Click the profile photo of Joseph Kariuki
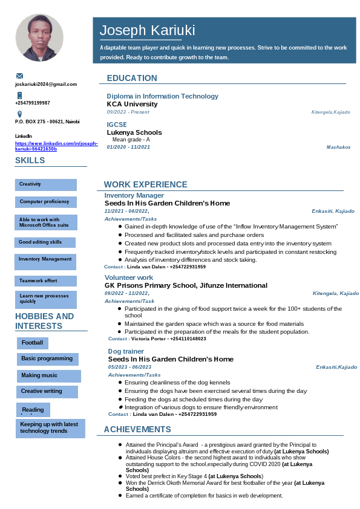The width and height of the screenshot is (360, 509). pyautogui.click(x=39, y=37)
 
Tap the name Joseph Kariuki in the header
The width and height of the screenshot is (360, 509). pyautogui.click(x=147, y=31)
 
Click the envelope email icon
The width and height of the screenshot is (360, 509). pyautogui.click(x=19, y=76)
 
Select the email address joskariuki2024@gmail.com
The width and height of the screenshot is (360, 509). pyautogui.click(x=46, y=84)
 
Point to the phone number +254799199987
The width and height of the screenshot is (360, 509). pyautogui.click(x=33, y=103)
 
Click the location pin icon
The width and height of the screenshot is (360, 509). pyautogui.click(x=19, y=114)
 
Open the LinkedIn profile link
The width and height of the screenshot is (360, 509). pyautogui.click(x=56, y=146)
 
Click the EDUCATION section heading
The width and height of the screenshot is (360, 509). pyautogui.click(x=132, y=78)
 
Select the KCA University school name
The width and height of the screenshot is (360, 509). pyautogui.click(x=132, y=104)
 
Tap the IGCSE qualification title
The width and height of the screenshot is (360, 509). pyautogui.click(x=117, y=125)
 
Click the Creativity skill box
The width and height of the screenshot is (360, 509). pyautogui.click(x=45, y=184)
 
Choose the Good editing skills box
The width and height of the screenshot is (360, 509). pyautogui.click(x=45, y=242)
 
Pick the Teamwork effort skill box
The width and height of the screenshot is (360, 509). pyautogui.click(x=45, y=281)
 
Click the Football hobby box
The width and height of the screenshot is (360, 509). pyautogui.click(x=33, y=343)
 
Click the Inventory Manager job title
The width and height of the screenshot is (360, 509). pyautogui.click(x=134, y=195)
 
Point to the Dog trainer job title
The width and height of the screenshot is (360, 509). pyautogui.click(x=126, y=351)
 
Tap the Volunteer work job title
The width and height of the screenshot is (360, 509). pyautogui.click(x=129, y=277)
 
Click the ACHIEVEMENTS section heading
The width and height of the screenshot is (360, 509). pyautogui.click(x=137, y=429)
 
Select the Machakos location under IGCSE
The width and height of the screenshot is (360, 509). pyautogui.click(x=338, y=147)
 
